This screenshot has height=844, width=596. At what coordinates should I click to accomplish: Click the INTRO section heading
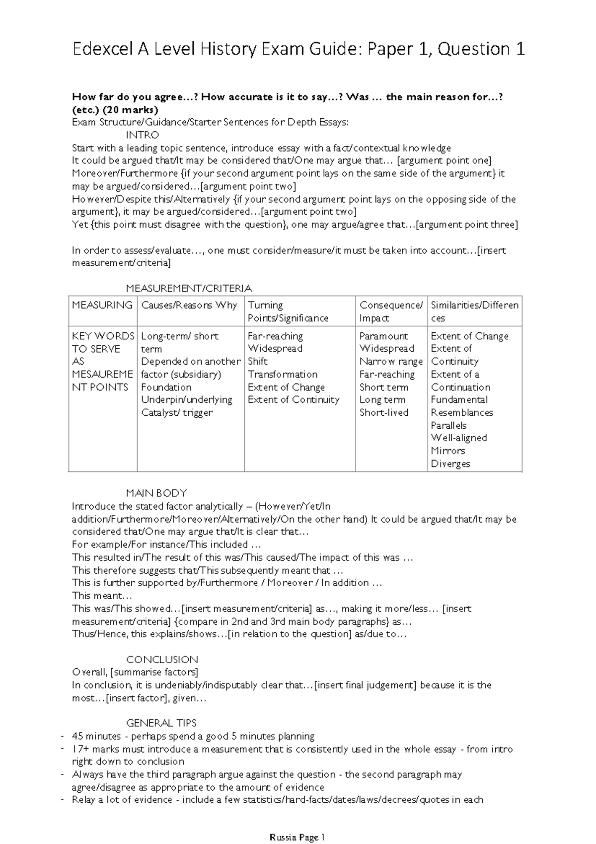[143, 135]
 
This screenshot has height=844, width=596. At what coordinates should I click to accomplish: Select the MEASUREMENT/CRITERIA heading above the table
[189, 288]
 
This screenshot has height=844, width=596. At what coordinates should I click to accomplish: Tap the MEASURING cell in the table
[102, 305]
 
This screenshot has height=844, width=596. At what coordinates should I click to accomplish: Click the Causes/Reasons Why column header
[189, 305]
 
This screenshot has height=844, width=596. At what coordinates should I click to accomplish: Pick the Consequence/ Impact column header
[391, 311]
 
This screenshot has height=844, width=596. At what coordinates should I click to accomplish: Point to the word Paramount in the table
[383, 336]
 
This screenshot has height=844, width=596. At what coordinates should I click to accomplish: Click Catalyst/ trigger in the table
[177, 412]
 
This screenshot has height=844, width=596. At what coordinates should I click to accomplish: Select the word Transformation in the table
[283, 374]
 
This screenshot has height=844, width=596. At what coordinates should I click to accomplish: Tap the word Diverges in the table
[450, 463]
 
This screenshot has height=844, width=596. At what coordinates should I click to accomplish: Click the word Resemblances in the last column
[462, 412]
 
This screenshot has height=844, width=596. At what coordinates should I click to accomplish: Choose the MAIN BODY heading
[156, 493]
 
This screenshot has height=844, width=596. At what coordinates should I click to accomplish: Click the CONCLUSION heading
[162, 659]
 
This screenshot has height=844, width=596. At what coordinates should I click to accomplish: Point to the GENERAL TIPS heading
[161, 723]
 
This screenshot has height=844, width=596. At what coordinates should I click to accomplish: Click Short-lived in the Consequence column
[384, 412]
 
